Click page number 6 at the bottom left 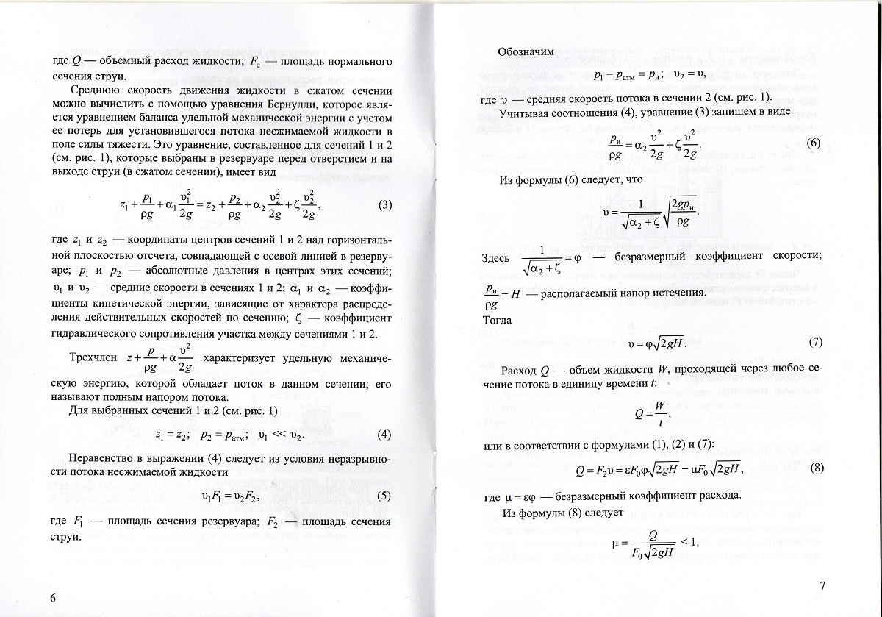(x=52, y=596)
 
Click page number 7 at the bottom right (x=822, y=586)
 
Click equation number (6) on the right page (x=813, y=143)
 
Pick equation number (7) (x=815, y=343)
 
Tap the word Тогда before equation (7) (x=498, y=321)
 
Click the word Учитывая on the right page (x=525, y=113)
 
